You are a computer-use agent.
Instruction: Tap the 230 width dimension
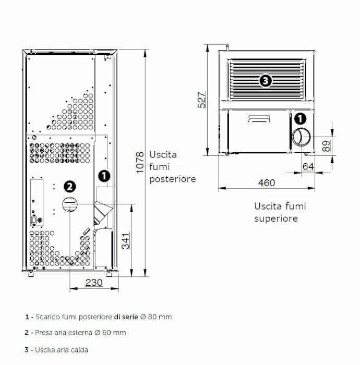coord(93,283)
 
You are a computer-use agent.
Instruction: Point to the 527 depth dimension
coord(202,99)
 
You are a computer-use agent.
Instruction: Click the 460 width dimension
coord(266,183)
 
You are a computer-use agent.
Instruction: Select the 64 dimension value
coord(308,166)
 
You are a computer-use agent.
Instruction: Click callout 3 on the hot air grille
coord(266,81)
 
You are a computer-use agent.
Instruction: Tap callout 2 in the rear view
coord(69,186)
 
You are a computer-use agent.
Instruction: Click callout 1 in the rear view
coord(104,176)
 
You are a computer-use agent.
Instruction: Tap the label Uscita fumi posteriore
coord(172,167)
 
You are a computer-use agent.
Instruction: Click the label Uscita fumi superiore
coord(280,212)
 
